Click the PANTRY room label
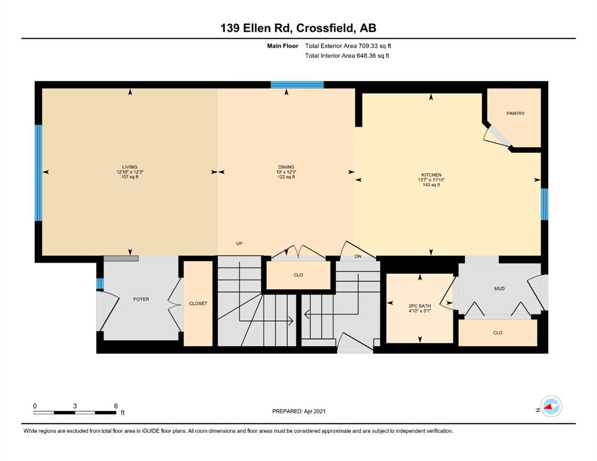coord(515,113)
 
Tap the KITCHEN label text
coord(431,175)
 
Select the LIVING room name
coord(129,167)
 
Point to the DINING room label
coord(286,167)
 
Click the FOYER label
coord(141,299)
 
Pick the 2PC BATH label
coord(420,306)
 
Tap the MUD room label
coord(499,289)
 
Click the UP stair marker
coord(239,243)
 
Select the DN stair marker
coord(358,256)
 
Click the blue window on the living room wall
coord(38,173)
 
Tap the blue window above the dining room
coord(297,85)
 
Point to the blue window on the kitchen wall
coord(545,204)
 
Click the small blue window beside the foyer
coord(100,283)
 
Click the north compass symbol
coord(551,406)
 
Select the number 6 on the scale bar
coord(116,406)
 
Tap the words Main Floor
coord(283,46)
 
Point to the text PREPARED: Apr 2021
coord(299,411)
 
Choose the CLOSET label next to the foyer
coord(198,303)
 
